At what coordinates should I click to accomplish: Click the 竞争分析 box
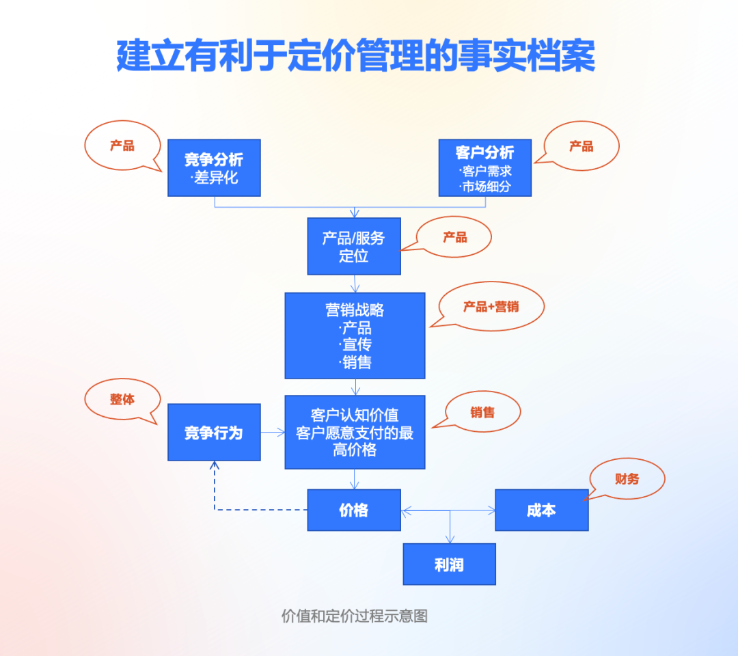coord(214,168)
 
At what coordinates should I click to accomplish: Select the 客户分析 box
coord(484,168)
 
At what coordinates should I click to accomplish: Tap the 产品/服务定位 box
coord(354,247)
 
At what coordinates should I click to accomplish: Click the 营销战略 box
coord(355,336)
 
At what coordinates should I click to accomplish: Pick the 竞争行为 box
coord(214,432)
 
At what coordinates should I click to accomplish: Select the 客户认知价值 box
coord(355,432)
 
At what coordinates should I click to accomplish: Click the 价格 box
coord(354,510)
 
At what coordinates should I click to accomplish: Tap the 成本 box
coord(541,510)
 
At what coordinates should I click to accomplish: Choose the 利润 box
coord(449,564)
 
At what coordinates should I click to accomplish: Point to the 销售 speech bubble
coord(482,412)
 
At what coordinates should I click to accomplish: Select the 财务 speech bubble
coord(627,479)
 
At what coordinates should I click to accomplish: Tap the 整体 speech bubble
coord(122,400)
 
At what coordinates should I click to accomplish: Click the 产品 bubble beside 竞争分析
coord(122,146)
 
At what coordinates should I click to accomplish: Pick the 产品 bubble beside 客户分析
coord(582,146)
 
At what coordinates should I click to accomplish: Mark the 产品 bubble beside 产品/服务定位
coord(455,237)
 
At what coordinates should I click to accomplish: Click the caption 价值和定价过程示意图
coord(355,616)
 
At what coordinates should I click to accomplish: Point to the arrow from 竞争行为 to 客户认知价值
coord(273,432)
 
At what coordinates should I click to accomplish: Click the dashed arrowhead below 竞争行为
coord(215,465)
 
